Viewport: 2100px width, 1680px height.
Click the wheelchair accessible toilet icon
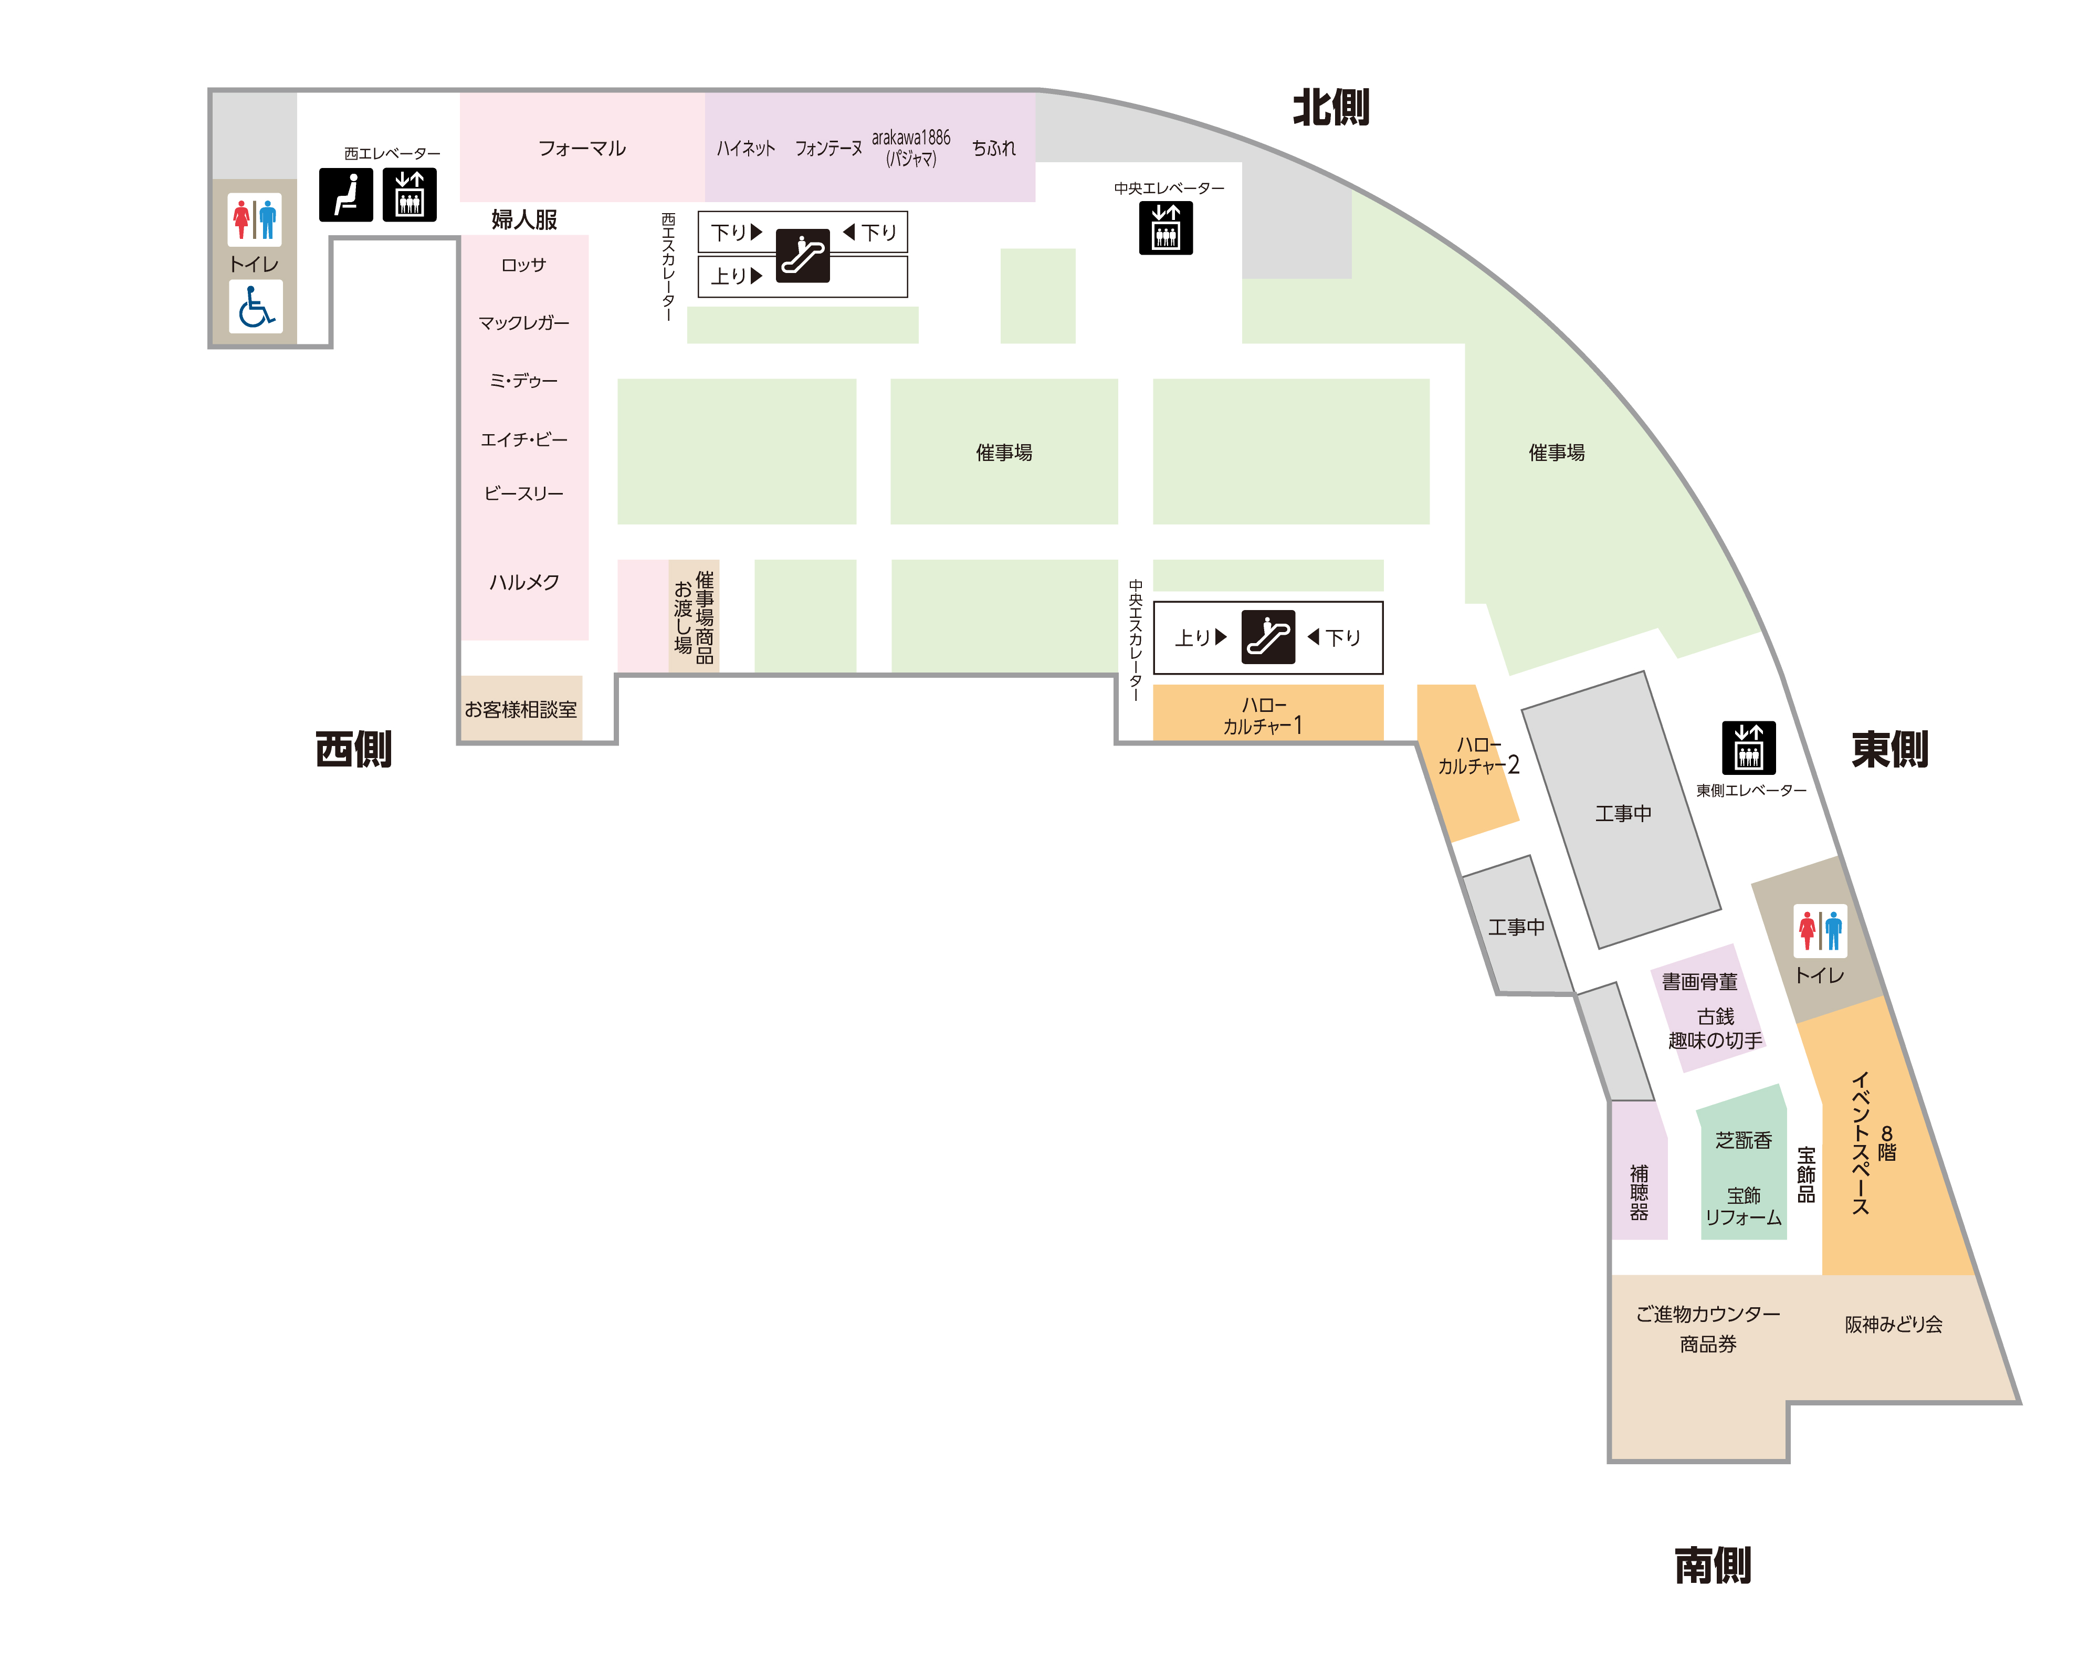(x=255, y=307)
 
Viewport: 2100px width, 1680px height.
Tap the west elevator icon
(x=409, y=195)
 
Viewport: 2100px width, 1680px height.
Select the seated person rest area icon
(x=346, y=195)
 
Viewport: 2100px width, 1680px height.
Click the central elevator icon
(x=1166, y=228)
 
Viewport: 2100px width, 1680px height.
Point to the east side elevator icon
(x=1748, y=748)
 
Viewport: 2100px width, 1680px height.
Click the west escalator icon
(x=803, y=255)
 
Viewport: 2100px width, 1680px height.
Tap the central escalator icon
(x=1268, y=637)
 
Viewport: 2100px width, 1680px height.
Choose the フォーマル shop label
(x=582, y=148)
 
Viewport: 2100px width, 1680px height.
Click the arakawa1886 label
(x=911, y=138)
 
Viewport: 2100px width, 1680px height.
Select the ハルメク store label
(x=524, y=581)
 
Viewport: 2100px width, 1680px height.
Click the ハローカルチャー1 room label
(x=1263, y=715)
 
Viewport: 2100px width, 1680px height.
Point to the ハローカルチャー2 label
(x=1478, y=755)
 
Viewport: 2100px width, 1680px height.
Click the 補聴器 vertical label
(x=1639, y=1192)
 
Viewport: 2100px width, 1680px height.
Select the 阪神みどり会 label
(x=1894, y=1325)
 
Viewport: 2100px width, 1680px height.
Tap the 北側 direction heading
(x=1330, y=107)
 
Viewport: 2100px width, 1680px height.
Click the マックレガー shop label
(x=524, y=322)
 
